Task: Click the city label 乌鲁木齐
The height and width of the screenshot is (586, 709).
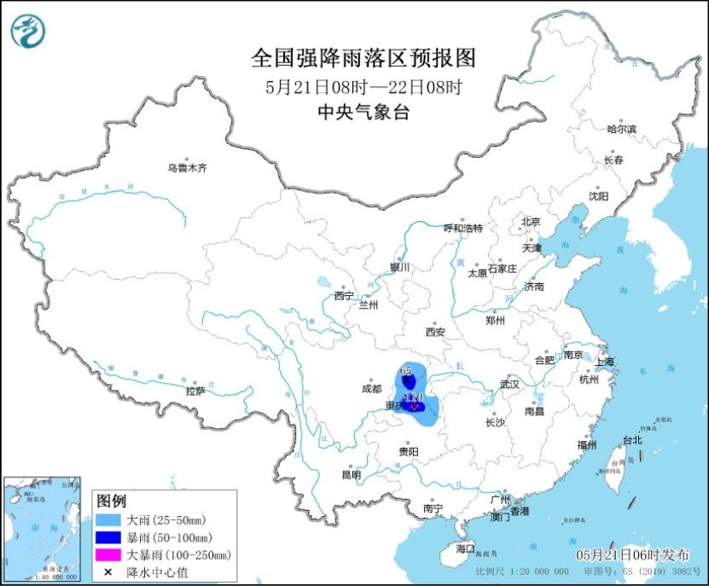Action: (187, 168)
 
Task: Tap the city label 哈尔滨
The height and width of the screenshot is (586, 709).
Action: (621, 129)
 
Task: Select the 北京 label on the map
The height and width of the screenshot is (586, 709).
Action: (531, 222)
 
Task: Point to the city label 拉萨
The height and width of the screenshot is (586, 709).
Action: (195, 391)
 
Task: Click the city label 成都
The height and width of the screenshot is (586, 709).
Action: (372, 388)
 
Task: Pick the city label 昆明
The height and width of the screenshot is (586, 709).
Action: (351, 474)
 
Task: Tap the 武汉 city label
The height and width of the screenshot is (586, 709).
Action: (509, 384)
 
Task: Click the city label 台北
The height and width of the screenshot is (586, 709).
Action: (631, 440)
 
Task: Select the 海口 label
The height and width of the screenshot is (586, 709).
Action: (464, 548)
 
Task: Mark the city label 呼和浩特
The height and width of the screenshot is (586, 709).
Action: (463, 229)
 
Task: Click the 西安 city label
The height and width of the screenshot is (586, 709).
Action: (436, 331)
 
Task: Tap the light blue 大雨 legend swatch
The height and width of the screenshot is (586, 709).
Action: (109, 519)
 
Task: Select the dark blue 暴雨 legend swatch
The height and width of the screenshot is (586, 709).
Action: (109, 537)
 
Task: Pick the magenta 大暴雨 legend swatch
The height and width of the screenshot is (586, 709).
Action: (109, 555)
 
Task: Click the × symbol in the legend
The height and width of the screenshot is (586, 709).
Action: (109, 572)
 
